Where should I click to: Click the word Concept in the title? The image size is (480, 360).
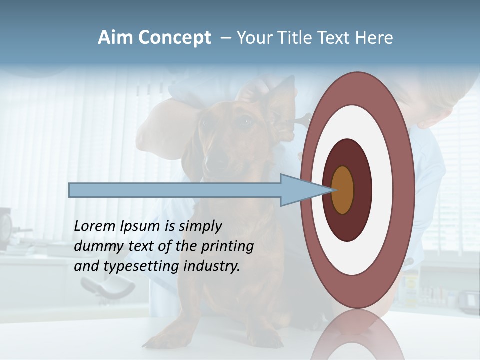pos(175,38)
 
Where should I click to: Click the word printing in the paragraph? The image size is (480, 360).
pos(227,247)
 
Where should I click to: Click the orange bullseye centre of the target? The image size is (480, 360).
pos(343,190)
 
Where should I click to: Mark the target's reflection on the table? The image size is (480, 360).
pos(358,335)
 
